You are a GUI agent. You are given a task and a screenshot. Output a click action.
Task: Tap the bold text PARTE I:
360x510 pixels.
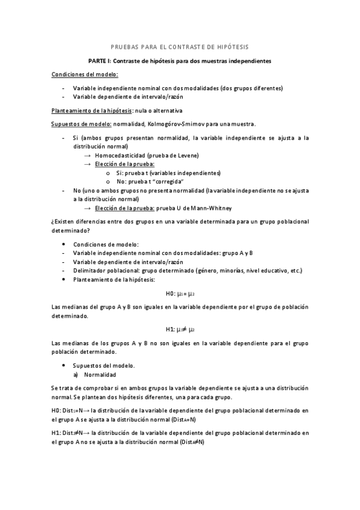tap(101, 61)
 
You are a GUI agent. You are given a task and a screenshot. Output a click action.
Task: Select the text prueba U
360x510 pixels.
tap(171, 207)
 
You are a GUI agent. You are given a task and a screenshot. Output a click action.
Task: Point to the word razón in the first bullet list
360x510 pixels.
tap(174, 97)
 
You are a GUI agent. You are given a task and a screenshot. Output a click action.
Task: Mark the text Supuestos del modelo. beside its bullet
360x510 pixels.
tap(103, 365)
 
